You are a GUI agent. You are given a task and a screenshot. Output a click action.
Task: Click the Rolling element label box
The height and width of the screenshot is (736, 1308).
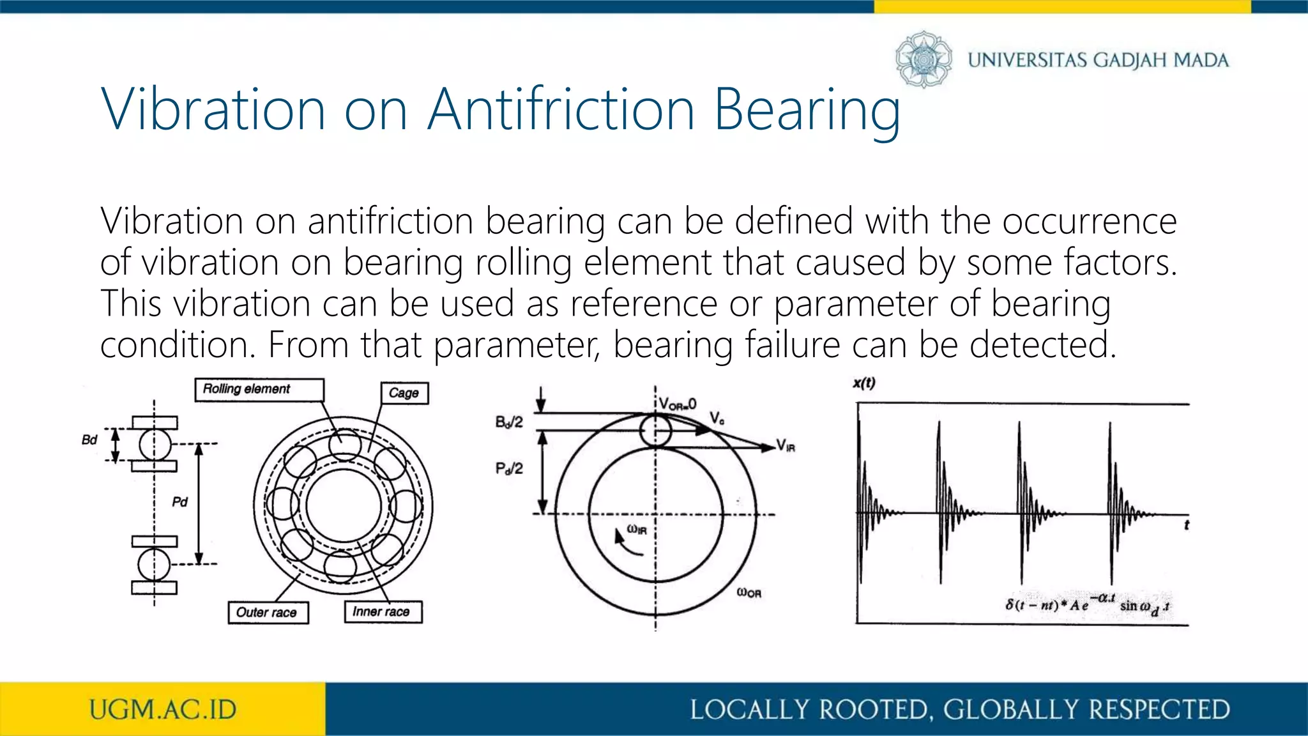tap(259, 390)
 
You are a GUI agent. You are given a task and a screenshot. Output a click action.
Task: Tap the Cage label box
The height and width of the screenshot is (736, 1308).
tap(404, 393)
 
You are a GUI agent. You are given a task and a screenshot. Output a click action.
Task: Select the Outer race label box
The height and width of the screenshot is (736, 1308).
tap(268, 612)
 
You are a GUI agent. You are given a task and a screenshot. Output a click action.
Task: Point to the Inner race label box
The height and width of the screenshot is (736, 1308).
tap(383, 611)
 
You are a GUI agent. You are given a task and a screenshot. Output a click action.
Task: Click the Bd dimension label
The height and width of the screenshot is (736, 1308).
tap(89, 440)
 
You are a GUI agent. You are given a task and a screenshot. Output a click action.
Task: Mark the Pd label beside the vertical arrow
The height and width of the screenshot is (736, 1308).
tap(180, 502)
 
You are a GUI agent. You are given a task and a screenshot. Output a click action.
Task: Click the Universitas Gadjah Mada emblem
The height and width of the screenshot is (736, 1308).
tap(923, 59)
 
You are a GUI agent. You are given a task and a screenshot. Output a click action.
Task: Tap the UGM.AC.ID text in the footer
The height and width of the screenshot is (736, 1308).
tap(163, 710)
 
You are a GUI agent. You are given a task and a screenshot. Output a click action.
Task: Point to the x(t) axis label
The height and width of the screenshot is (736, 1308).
tap(864, 383)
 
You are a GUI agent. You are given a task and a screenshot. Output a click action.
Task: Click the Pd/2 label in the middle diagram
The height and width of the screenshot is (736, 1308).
tap(509, 468)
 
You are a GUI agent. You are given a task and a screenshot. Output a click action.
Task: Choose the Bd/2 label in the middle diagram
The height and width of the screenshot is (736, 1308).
tap(509, 422)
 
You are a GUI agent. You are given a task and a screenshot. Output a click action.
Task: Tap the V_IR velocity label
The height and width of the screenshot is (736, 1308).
tap(786, 445)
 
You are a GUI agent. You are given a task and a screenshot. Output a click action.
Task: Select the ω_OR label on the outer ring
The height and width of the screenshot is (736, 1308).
tap(749, 592)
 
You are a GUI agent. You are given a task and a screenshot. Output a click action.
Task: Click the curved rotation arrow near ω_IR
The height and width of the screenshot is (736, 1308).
tap(626, 543)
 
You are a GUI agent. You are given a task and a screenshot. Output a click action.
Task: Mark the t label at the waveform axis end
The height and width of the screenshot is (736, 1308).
tap(1187, 525)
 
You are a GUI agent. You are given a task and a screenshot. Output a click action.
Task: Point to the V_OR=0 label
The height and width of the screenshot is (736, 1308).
tap(678, 404)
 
